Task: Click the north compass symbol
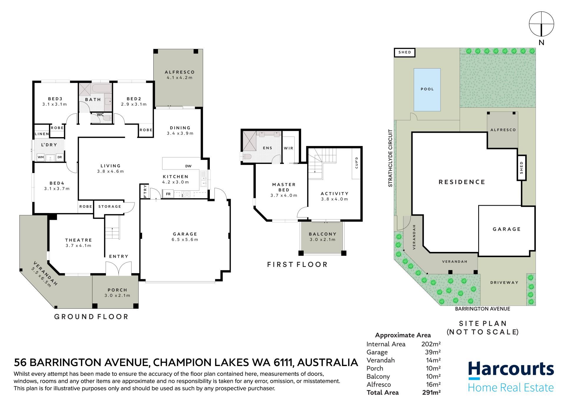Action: pos(541,24)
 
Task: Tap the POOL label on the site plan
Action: pos(427,89)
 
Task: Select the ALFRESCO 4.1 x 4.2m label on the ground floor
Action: pos(180,75)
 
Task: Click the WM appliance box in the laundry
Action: pos(41,157)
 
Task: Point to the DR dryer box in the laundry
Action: pos(60,157)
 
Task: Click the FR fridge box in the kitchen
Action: pos(168,194)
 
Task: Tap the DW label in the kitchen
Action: pos(188,166)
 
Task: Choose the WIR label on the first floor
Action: pos(289,148)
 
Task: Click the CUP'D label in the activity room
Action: pos(357,163)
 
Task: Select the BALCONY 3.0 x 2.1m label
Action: pos(323,237)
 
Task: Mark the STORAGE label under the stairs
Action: pos(110,207)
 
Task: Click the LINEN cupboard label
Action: pos(42,134)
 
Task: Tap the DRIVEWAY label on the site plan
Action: pos(504,283)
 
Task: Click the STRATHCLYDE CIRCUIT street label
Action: pos(390,158)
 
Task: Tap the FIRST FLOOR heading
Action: pos(297,265)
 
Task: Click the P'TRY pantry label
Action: pos(145,191)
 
